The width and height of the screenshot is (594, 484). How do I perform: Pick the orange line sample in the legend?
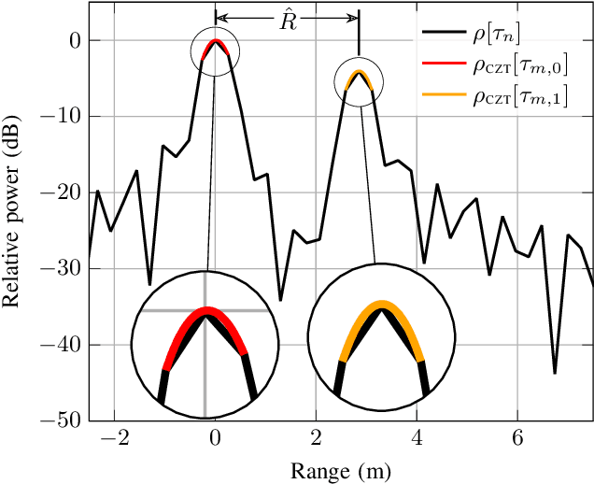443,94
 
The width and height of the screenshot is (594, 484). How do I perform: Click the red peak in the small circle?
215,42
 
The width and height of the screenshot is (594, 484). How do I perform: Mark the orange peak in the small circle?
359,72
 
